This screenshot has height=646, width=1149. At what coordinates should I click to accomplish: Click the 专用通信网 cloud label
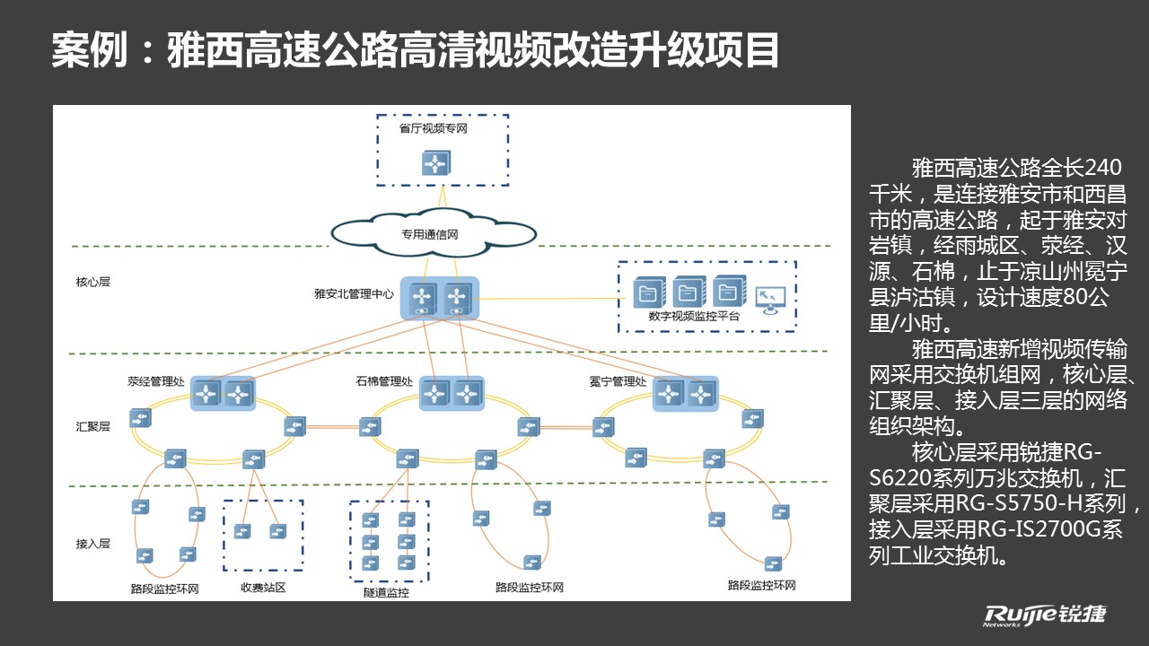pyautogui.click(x=429, y=235)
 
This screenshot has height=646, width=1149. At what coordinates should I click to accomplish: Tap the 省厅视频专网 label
pyautogui.click(x=434, y=128)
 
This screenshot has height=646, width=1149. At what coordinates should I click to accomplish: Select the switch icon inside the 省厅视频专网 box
pyautogui.click(x=436, y=163)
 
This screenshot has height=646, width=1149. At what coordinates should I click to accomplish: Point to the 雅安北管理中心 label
pyautogui.click(x=354, y=293)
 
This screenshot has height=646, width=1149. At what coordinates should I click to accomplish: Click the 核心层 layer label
pyautogui.click(x=92, y=282)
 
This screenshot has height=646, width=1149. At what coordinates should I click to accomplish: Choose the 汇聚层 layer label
pyautogui.click(x=92, y=426)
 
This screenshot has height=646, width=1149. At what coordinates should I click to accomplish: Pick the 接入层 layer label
pyautogui.click(x=92, y=544)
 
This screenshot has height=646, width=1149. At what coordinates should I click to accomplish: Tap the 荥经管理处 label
pyautogui.click(x=156, y=381)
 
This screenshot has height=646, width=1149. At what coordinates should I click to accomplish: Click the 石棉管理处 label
pyautogui.click(x=384, y=381)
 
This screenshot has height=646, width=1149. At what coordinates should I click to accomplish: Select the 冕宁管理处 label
pyautogui.click(x=618, y=381)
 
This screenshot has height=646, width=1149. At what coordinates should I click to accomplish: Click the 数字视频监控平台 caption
pyautogui.click(x=694, y=317)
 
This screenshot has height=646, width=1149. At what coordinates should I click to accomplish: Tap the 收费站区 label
pyautogui.click(x=263, y=588)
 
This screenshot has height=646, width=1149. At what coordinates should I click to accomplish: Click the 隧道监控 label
pyautogui.click(x=386, y=593)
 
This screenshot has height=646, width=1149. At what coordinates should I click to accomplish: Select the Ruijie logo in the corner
pyautogui.click(x=1045, y=615)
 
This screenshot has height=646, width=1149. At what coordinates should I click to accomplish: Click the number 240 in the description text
pyautogui.click(x=1103, y=168)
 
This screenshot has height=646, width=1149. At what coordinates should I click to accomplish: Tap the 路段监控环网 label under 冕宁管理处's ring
pyautogui.click(x=762, y=586)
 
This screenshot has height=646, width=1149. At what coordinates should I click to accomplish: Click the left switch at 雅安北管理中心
pyautogui.click(x=422, y=297)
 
